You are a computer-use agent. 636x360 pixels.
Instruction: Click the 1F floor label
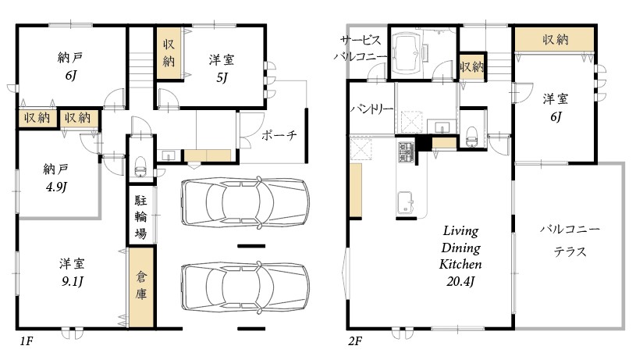coord(27,341)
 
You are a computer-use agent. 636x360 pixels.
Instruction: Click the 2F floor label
coord(354,341)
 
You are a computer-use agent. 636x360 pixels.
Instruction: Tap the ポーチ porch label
coord(279,135)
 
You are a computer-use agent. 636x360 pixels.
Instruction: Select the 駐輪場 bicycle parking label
coord(140,217)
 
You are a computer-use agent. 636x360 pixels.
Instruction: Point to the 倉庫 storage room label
coord(140,286)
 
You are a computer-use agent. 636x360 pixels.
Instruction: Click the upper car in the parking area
coord(244,202)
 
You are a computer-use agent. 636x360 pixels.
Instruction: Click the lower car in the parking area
coord(244,288)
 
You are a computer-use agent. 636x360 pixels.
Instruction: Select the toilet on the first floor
coord(140,166)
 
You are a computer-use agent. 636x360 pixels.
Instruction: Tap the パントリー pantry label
coord(372,109)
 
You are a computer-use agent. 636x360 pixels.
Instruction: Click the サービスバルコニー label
coord(361,48)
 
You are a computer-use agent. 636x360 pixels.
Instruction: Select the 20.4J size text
coord(460,281)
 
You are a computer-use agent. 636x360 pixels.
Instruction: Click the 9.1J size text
coord(73,281)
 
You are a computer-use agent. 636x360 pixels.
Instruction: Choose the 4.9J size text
coord(56,187)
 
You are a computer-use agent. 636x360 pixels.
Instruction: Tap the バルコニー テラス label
coord(570,241)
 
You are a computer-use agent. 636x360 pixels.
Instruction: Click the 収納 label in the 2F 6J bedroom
coord(556,39)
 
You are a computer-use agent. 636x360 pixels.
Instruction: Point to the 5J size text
coord(222,77)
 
